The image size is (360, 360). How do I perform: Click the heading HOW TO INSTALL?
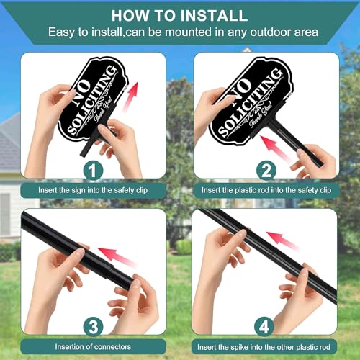pyautogui.click(x=179, y=16)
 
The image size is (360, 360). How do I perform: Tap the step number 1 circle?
pyautogui.click(x=93, y=171)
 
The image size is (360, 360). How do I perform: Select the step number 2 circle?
pyautogui.click(x=266, y=171)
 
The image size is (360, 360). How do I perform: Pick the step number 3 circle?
pyautogui.click(x=94, y=327)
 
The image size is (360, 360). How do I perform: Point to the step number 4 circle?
pyautogui.click(x=264, y=327)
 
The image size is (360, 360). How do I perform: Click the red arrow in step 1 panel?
pyautogui.click(x=130, y=96)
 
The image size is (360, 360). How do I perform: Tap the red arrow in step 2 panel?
pyautogui.click(x=276, y=149)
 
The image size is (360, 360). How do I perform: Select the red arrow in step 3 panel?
pyautogui.click(x=117, y=257)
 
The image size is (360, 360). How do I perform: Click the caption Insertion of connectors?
pyautogui.click(x=93, y=347)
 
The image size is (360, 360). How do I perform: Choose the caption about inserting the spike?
pyautogui.click(x=264, y=347)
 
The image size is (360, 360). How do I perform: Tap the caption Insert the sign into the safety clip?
pyautogui.click(x=93, y=190)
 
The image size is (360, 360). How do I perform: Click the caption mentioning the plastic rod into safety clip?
pyautogui.click(x=266, y=190)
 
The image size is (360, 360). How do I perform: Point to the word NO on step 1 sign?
pyautogui.click(x=82, y=91)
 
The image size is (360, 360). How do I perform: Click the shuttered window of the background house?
pyautogui.click(x=5, y=214)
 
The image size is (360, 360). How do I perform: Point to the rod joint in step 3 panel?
pyautogui.click(x=111, y=267)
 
